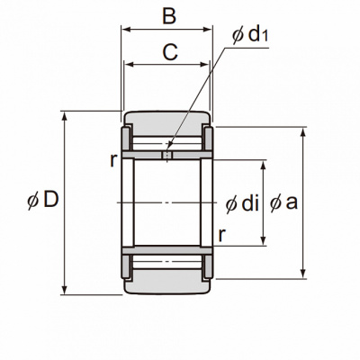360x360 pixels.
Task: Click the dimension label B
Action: click(x=169, y=16)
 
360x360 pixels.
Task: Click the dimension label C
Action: click(x=170, y=52)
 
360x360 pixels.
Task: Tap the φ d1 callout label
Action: click(x=250, y=35)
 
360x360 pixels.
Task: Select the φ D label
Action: click(x=42, y=200)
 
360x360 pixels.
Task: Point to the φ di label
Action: click(x=242, y=204)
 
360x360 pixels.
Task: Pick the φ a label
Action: click(x=283, y=202)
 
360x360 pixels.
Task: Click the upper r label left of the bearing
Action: click(x=112, y=160)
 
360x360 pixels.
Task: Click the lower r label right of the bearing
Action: click(x=221, y=236)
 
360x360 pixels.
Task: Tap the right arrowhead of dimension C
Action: click(x=204, y=64)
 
